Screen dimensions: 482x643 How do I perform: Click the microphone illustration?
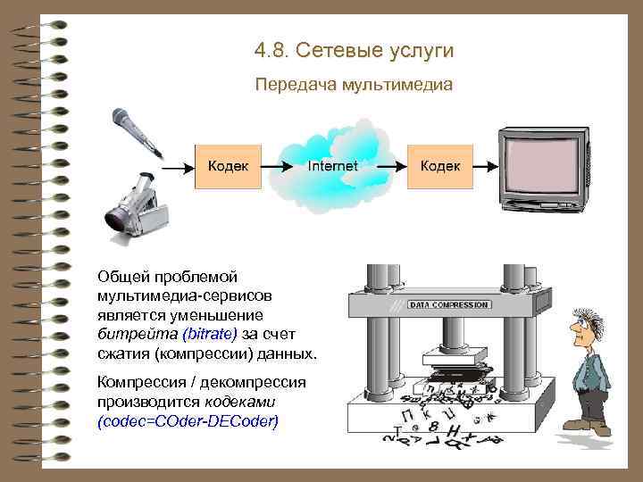tap(132, 129)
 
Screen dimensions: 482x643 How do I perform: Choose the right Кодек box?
tap(440, 165)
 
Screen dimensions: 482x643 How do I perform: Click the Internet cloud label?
tap(332, 166)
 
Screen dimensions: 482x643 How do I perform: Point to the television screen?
tap(540, 162)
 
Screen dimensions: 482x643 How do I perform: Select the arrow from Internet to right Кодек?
tap(388, 166)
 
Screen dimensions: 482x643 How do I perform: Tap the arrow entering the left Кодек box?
tap(179, 166)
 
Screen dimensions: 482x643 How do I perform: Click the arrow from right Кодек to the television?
tap(483, 166)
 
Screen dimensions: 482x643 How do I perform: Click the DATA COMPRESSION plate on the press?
tap(448, 304)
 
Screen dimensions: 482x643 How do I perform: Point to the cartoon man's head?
tap(595, 319)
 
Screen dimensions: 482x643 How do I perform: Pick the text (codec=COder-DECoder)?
tap(188, 419)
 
